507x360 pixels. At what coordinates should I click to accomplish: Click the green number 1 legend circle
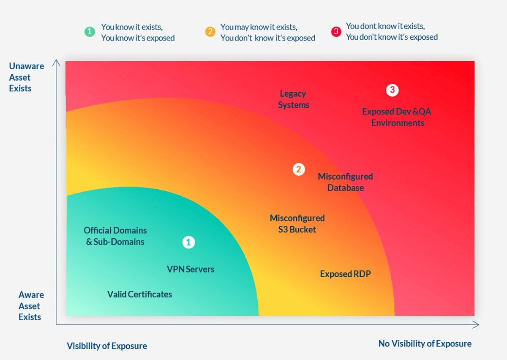90,32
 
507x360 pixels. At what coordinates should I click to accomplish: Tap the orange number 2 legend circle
210,32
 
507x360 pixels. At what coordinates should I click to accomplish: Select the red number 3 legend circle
336,32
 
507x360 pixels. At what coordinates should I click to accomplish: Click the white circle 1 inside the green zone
188,242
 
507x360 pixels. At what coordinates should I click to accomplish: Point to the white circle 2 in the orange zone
298,169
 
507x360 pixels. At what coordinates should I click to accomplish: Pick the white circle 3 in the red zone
392,90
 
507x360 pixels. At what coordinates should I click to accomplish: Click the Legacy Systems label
294,99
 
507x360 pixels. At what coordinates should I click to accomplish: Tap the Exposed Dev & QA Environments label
397,117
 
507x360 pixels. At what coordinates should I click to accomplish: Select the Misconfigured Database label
345,182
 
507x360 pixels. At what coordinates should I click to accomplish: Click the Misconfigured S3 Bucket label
297,224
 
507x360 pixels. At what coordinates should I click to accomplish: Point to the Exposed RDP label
345,274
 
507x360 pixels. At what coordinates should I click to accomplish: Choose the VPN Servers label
191,269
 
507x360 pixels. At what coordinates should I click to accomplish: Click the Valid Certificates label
139,295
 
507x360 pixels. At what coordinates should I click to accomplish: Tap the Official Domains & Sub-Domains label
115,236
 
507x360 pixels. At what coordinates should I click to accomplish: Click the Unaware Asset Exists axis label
26,77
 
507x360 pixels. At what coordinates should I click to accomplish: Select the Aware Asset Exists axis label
31,306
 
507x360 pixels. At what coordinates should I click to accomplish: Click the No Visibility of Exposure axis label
425,344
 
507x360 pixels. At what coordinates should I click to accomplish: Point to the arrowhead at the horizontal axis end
476,325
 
